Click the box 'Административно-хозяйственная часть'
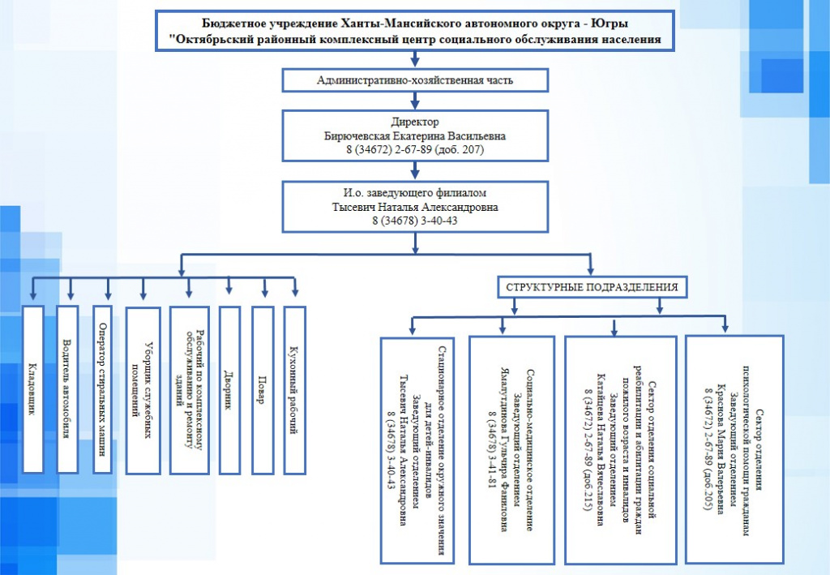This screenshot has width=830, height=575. (x=415, y=80)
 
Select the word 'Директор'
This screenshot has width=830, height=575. (x=415, y=122)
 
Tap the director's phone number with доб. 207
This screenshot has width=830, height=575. (x=415, y=149)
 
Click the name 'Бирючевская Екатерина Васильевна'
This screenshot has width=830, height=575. (x=415, y=135)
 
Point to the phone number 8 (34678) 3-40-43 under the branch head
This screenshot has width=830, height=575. (x=415, y=221)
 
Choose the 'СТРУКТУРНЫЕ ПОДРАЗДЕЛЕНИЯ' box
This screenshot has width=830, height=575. (x=592, y=287)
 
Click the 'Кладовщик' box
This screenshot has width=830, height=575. (x=32, y=389)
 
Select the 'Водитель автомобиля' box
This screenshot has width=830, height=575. (x=67, y=389)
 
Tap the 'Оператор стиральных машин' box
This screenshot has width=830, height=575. (x=102, y=389)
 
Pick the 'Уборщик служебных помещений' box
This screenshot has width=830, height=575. (x=143, y=391)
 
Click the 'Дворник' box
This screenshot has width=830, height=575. (x=229, y=390)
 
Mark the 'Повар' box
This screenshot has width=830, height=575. (x=263, y=390)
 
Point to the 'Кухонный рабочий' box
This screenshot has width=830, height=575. (x=295, y=390)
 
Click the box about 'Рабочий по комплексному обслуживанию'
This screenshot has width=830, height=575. (x=190, y=390)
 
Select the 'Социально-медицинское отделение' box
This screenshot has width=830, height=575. (x=512, y=450)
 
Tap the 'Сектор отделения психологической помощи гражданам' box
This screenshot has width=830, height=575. (x=734, y=449)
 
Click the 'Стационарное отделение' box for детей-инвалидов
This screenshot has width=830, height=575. (x=417, y=451)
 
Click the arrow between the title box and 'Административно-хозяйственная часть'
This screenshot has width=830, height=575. (x=415, y=59)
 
